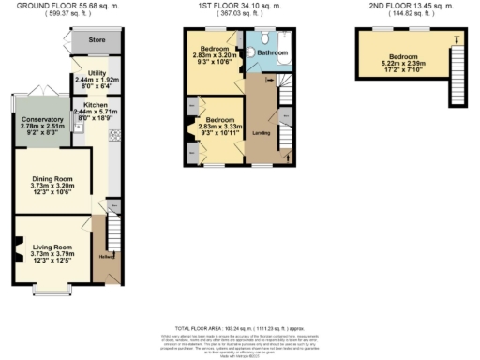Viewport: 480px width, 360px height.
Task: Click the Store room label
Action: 96,41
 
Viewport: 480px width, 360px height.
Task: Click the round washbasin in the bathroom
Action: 250,42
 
